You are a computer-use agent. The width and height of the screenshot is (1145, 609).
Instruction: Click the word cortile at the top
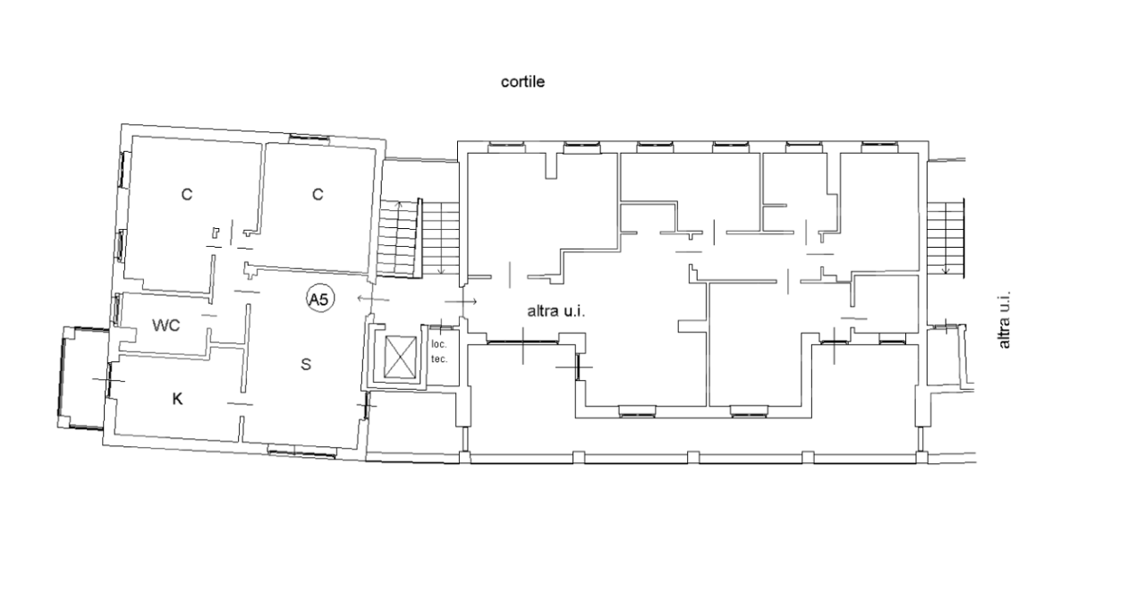tap(522, 81)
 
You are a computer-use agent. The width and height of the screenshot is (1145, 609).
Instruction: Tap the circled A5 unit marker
tap(320, 299)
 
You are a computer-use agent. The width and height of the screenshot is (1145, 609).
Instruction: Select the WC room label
tap(166, 325)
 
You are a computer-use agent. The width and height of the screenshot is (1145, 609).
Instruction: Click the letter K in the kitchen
tap(177, 399)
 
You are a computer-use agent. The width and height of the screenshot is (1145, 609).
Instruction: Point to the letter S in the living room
tap(306, 364)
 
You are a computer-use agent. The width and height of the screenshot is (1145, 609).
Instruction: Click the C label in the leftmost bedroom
tap(187, 194)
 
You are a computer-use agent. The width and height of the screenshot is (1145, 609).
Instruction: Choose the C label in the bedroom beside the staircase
tap(318, 194)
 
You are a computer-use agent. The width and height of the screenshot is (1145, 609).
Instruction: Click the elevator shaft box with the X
tap(400, 357)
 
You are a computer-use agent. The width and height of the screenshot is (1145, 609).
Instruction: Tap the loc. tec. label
tap(439, 351)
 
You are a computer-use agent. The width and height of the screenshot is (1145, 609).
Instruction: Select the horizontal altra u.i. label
tap(556, 311)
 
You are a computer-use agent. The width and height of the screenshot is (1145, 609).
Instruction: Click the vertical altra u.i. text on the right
tap(1004, 320)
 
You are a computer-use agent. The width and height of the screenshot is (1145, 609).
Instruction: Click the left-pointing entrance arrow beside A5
tap(373, 299)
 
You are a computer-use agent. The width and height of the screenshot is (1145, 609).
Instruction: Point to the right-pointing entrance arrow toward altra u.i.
tap(461, 302)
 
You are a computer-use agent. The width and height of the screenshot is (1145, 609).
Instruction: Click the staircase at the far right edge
tap(946, 238)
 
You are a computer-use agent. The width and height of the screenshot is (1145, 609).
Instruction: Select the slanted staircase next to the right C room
tap(399, 239)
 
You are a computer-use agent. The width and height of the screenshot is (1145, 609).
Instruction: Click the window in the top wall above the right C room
tap(309, 138)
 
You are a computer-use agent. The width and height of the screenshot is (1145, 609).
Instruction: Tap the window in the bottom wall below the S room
tap(302, 452)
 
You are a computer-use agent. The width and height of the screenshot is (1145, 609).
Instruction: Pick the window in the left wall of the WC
tap(117, 309)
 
